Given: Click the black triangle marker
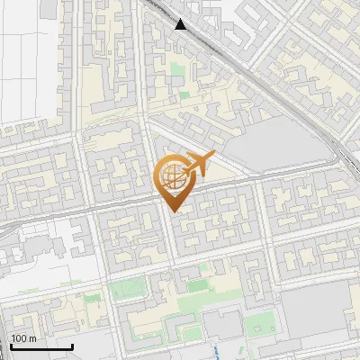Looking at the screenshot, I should coord(181,24).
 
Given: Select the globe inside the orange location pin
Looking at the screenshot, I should coord(171,176).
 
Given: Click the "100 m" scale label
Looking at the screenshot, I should coord(24,338).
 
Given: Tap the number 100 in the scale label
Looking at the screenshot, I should coord(20,338).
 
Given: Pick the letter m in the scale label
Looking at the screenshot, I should coord(32,338).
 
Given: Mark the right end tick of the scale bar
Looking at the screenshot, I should coord(73,346).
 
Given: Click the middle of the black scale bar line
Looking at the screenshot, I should coord(40,347).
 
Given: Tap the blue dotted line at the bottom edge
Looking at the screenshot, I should coord(222,352).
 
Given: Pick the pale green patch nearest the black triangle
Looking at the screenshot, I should coord(184,94).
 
